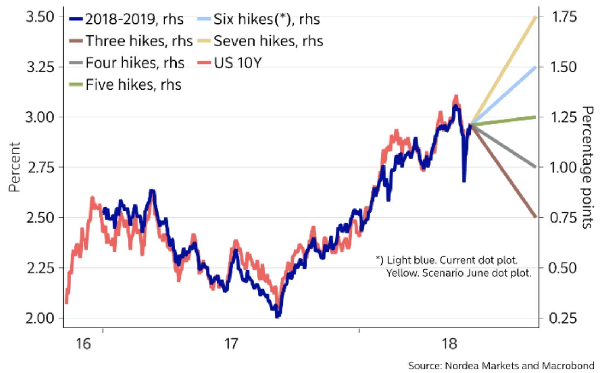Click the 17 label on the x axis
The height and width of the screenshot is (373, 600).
click(230, 344)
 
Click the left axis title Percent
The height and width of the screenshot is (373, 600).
click(14, 167)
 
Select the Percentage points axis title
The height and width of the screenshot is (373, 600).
click(587, 167)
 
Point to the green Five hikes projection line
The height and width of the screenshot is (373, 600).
click(504, 120)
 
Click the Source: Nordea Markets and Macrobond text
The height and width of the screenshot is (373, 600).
click(501, 366)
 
